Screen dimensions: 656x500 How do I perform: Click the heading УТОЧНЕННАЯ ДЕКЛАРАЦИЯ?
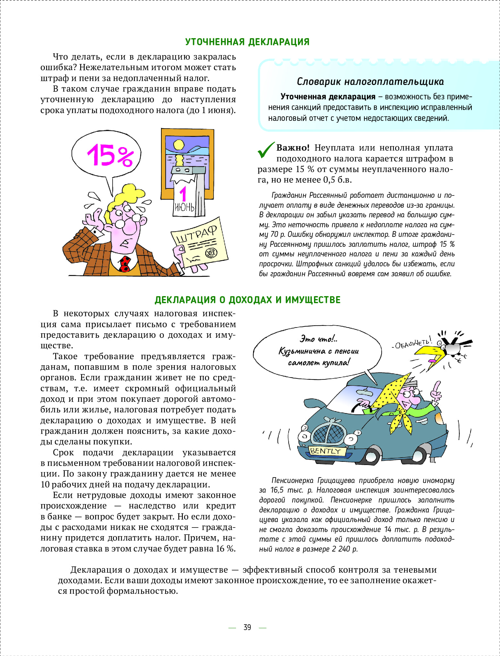[x=247, y=42]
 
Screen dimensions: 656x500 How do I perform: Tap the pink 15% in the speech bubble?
[x=109, y=155]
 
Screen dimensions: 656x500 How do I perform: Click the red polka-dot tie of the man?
[x=124, y=263]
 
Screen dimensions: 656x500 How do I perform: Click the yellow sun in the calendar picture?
[x=179, y=145]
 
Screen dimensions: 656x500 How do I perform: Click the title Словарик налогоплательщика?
[x=370, y=82]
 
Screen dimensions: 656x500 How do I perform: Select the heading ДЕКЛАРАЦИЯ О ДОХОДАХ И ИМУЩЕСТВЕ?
[x=247, y=300]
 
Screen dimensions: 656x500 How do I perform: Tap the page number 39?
[x=247, y=627]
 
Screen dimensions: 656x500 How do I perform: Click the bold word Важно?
[x=293, y=148]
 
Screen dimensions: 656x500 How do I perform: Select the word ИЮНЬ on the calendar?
[x=184, y=207]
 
